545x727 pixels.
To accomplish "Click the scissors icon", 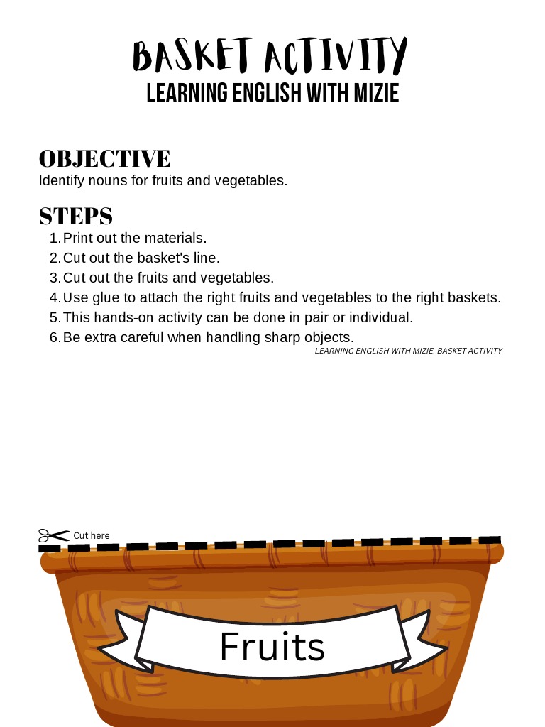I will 53,535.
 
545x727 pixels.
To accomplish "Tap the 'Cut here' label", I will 92,535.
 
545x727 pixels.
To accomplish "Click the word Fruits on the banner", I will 272,646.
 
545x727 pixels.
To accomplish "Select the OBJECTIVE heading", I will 104,158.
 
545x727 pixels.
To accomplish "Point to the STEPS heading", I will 76,216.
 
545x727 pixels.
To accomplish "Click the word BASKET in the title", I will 192,57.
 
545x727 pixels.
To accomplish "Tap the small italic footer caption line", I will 408,351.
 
